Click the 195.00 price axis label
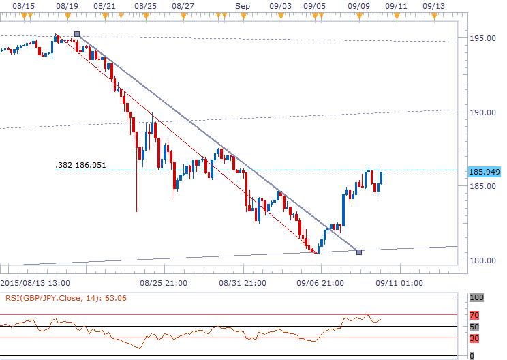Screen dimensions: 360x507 485,38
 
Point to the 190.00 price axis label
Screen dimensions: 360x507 485,112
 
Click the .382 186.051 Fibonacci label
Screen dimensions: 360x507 80,165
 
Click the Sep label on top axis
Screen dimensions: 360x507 242,5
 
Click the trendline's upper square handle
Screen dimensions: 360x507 76,33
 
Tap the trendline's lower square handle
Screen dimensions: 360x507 359,252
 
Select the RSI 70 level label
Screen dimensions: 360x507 474,316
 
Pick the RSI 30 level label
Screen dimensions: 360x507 474,337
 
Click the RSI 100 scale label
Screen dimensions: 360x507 477,298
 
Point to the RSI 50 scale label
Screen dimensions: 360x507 474,327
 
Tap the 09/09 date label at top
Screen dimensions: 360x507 358,5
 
